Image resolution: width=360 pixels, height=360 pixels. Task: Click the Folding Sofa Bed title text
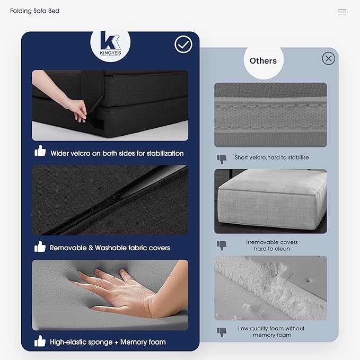click(34, 11)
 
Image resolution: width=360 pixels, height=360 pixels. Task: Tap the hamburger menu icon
click(342, 12)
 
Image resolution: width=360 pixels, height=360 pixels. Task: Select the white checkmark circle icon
click(183, 45)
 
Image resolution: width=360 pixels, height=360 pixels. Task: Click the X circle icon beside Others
click(328, 58)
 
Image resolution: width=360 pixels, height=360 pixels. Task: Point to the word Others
click(263, 61)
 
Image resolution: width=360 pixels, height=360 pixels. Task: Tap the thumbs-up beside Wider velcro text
click(40, 151)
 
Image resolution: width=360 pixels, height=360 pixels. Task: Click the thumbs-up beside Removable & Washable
click(40, 247)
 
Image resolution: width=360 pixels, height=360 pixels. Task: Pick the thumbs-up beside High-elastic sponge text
click(40, 341)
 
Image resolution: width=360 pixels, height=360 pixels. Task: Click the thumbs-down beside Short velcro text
click(222, 159)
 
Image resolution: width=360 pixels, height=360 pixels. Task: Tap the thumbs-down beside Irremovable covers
click(222, 245)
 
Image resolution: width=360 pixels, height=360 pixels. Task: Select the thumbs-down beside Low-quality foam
click(222, 332)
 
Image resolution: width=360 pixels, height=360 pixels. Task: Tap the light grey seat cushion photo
click(270, 201)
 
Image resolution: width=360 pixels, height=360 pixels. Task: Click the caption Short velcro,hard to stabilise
click(271, 157)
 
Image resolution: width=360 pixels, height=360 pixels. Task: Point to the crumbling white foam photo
click(270, 288)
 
